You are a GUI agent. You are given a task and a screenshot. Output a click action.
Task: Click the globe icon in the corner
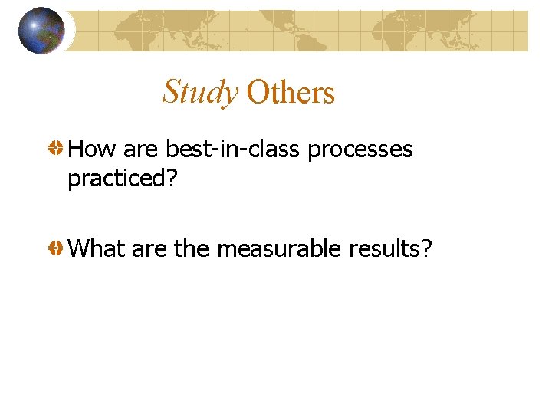coord(41,31)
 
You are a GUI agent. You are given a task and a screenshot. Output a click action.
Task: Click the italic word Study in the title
coord(200,92)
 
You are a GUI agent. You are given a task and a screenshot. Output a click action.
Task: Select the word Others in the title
coord(291,93)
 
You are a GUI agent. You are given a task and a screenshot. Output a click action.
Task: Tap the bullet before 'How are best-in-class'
coord(56,149)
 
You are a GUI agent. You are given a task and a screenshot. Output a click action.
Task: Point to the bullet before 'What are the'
coord(56,249)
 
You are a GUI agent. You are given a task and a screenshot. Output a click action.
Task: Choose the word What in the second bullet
coord(97,249)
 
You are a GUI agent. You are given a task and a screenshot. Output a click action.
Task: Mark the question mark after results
coord(426,249)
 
